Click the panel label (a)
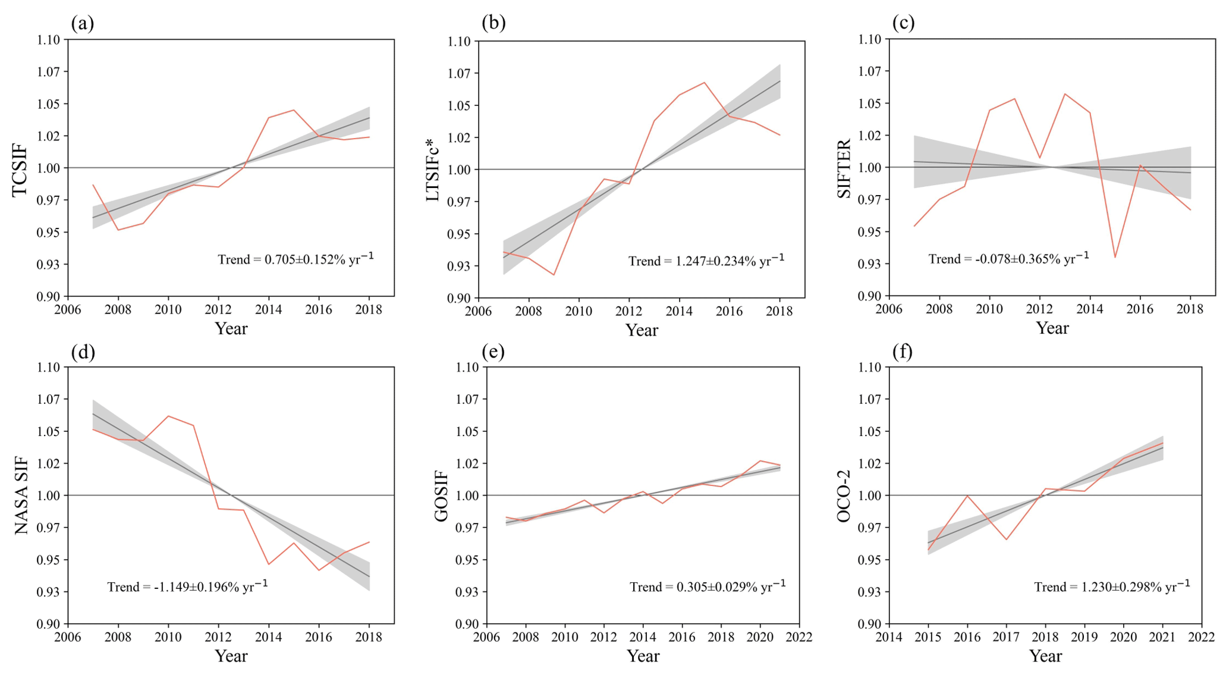(x=83, y=23)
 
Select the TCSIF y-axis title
(x=20, y=170)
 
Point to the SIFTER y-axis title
(x=844, y=169)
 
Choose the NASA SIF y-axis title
(x=21, y=495)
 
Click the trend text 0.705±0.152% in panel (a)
(x=296, y=259)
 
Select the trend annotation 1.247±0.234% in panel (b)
(x=706, y=261)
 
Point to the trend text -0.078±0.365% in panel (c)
(x=1009, y=259)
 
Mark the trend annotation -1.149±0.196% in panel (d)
(x=187, y=587)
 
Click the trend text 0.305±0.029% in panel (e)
(x=708, y=587)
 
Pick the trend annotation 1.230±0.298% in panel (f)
(x=1112, y=587)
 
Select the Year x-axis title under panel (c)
(x=1052, y=328)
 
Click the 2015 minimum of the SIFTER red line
(x=1115, y=258)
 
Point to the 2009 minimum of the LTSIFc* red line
(x=554, y=275)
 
